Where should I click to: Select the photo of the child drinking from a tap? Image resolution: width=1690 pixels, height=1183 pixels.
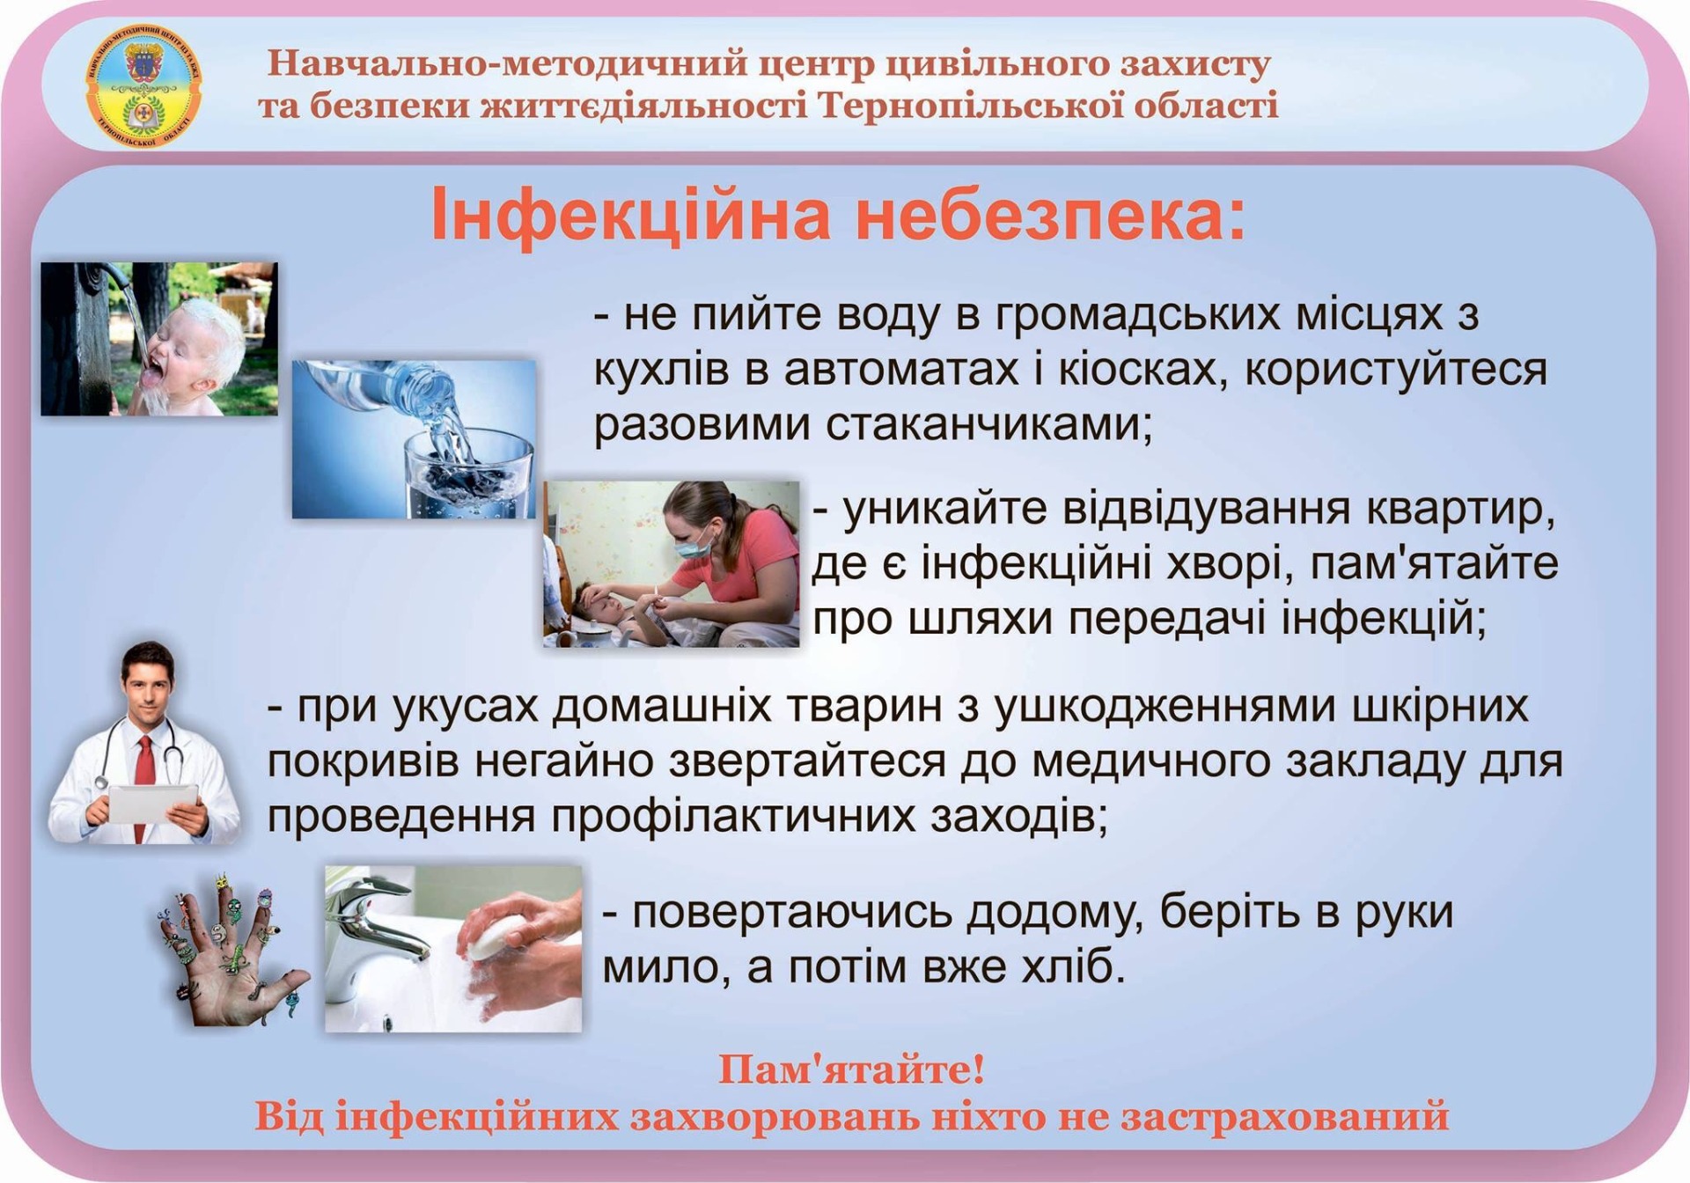click(x=159, y=339)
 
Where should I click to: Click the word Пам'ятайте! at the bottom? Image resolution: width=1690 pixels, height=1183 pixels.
click(x=851, y=1070)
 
